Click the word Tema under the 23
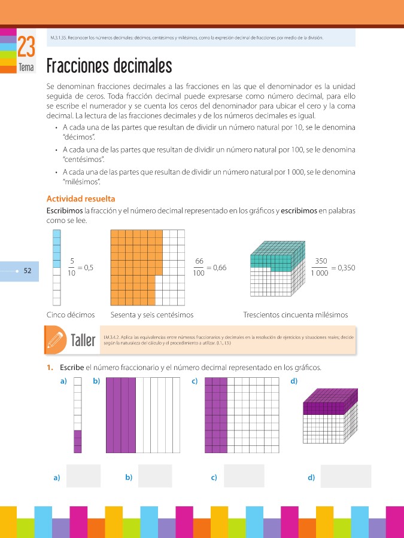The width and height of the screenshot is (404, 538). (26, 68)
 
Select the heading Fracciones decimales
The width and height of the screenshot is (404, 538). (109, 65)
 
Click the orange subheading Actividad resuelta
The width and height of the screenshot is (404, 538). (81, 198)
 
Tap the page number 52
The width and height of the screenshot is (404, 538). (27, 271)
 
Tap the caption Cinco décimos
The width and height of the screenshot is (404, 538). (71, 314)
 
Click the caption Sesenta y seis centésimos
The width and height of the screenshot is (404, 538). (152, 314)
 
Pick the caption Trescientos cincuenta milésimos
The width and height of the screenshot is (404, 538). (296, 314)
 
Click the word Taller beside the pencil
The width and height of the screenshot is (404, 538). (83, 341)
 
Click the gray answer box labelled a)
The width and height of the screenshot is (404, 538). (84, 476)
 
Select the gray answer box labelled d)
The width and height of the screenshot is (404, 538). (345, 476)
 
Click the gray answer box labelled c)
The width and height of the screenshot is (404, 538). (244, 476)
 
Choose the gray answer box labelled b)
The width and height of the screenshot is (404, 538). (155, 476)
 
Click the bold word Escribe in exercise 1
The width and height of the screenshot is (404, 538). (72, 368)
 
